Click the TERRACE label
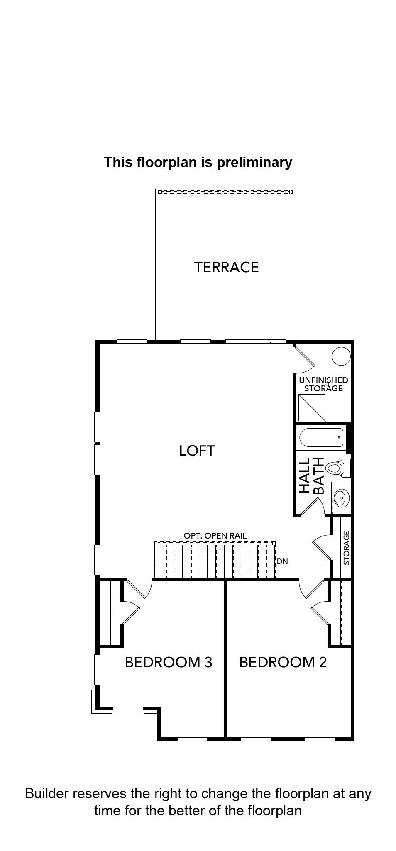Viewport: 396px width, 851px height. point(226,267)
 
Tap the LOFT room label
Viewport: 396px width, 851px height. point(197,450)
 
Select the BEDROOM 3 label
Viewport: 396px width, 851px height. point(169,662)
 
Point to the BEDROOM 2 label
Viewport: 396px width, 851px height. point(283,662)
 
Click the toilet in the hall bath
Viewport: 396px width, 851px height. point(338,468)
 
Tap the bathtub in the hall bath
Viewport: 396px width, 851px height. point(322,437)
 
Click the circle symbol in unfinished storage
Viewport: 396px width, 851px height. point(341,356)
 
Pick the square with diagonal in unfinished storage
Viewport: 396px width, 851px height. point(312,407)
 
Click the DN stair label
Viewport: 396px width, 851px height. point(282,561)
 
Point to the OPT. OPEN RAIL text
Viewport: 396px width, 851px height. point(215,536)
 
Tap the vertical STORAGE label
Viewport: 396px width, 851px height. point(347,548)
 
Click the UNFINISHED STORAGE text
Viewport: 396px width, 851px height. point(324,384)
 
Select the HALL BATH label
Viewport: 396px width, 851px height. point(311,476)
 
